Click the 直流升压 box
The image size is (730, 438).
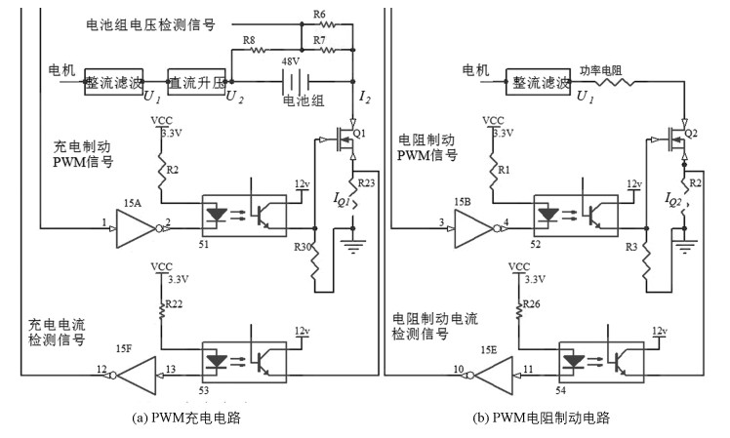pos(196,80)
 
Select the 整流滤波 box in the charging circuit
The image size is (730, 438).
pos(115,80)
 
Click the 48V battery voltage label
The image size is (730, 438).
pos(291,60)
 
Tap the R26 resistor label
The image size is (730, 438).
pos(532,305)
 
